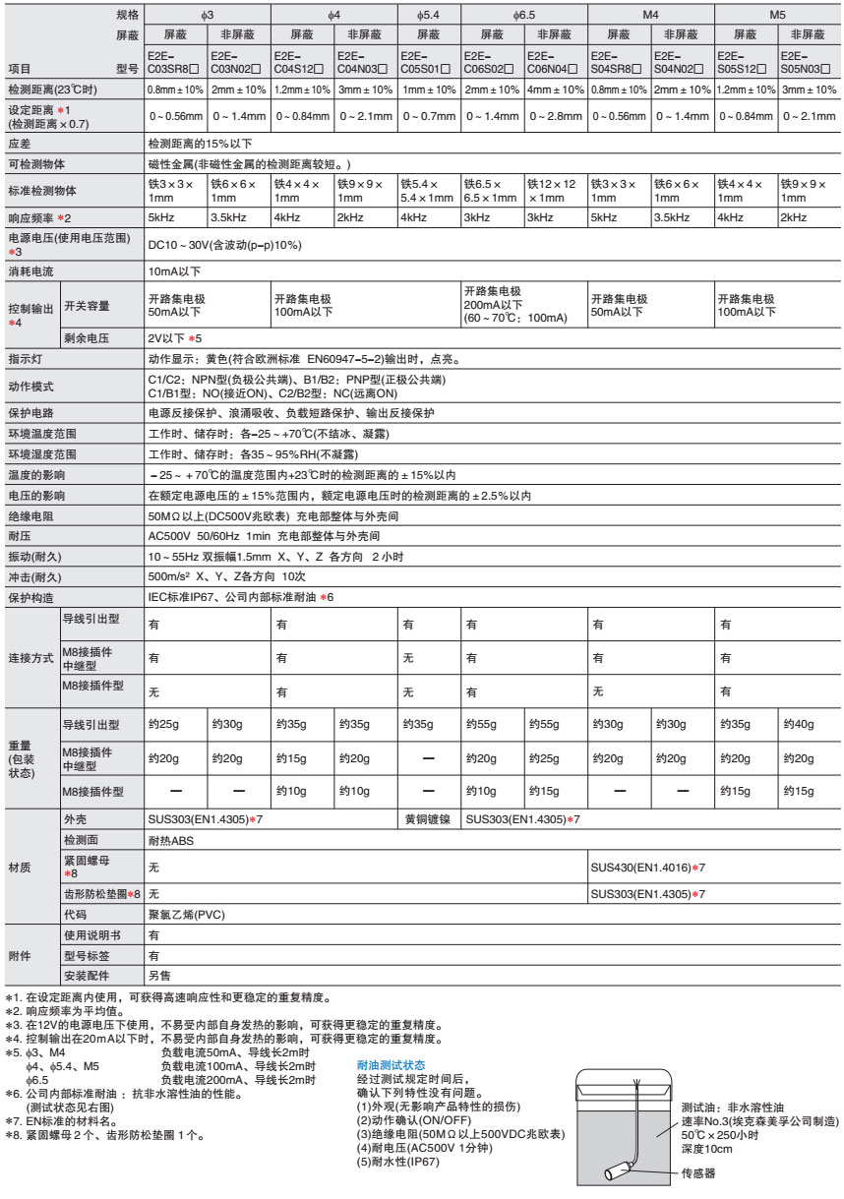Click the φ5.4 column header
coord(429,16)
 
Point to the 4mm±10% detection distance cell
coord(555,90)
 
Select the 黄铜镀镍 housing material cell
coord(429,819)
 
